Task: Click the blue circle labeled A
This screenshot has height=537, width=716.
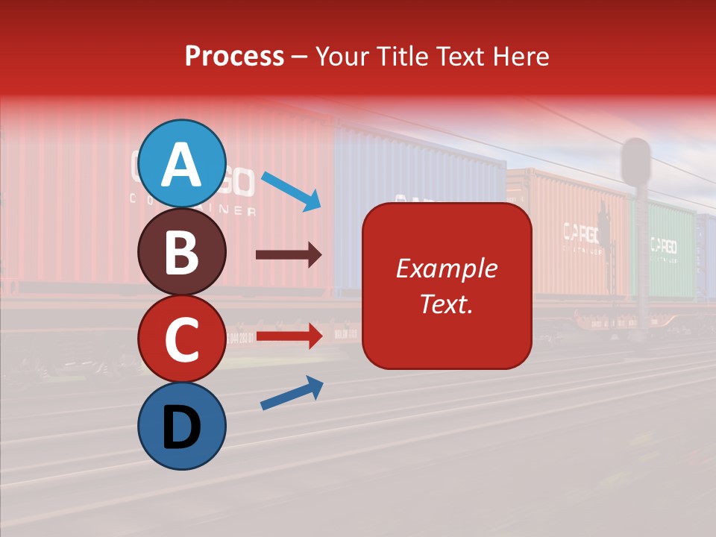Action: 182,163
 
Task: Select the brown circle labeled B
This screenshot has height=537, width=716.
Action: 182,251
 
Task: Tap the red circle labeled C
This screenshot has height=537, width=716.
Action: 182,339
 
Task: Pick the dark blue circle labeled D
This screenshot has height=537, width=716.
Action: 182,426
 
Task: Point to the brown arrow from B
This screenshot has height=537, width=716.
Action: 289,255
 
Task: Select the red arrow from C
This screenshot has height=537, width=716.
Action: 289,336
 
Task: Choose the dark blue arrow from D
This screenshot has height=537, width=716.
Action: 292,393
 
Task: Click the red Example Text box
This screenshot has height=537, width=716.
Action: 447,286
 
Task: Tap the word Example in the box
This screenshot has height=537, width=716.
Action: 447,268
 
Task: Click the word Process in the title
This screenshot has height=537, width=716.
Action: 234,56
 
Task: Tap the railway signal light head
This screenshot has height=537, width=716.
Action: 636,160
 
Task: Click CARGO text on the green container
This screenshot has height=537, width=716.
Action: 663,245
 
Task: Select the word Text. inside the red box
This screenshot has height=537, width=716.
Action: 447,304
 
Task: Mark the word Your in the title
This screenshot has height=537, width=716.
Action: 343,56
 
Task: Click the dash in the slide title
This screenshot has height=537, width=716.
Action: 300,57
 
